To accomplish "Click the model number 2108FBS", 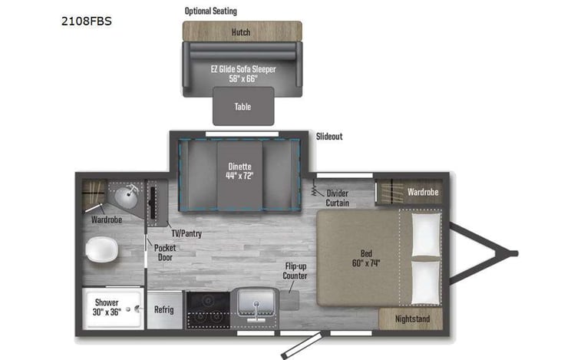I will [x=86, y=21].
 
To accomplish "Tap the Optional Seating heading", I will [x=210, y=11].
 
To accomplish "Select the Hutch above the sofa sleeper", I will [x=241, y=32].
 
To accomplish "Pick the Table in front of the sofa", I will [x=243, y=107].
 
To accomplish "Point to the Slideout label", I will [x=329, y=137].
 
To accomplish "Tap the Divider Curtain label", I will [x=338, y=198].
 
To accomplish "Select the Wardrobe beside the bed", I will [x=422, y=192].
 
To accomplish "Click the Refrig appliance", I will [x=163, y=309].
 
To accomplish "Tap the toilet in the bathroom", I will [x=100, y=249].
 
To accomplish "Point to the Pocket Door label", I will [x=164, y=253].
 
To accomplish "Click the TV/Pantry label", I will [x=186, y=233].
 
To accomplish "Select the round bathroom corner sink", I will [x=126, y=197].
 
